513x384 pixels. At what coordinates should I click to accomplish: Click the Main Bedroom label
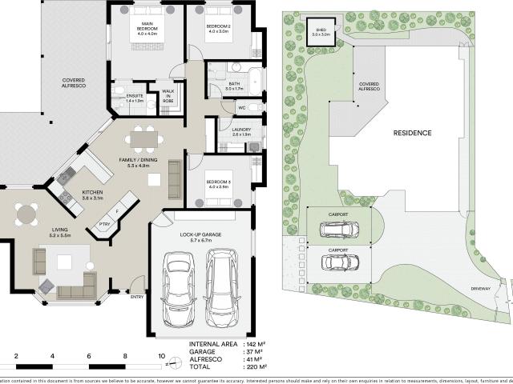click(147, 30)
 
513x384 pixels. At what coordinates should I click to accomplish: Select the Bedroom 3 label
click(219, 185)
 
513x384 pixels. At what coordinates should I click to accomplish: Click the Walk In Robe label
click(168, 96)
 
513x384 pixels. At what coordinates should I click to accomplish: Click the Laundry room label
click(240, 131)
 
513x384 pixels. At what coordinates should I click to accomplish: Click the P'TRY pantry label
click(104, 225)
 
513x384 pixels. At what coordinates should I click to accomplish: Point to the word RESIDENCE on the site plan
click(413, 133)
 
